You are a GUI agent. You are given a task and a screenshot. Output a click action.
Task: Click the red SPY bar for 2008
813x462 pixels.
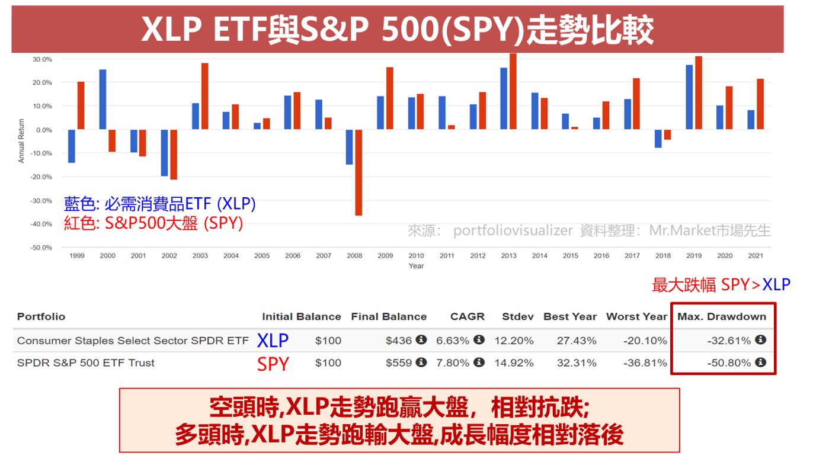click(x=359, y=172)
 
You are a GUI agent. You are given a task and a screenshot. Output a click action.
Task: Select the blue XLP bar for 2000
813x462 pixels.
click(x=103, y=100)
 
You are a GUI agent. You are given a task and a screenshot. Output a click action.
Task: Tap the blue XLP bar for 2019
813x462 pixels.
click(x=689, y=97)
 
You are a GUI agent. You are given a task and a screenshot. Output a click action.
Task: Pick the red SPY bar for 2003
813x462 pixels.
click(x=205, y=96)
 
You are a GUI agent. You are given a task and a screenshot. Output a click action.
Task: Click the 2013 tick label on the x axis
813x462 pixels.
click(x=508, y=256)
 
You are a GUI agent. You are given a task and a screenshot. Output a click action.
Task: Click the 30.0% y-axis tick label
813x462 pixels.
click(x=41, y=59)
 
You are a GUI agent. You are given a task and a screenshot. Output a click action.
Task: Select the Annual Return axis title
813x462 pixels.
click(x=21, y=141)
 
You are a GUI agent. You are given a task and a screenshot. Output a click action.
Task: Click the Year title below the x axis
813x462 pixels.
click(x=416, y=266)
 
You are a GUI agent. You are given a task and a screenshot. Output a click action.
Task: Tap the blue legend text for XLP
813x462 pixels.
click(x=160, y=204)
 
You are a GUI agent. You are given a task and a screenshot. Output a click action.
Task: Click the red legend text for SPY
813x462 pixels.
click(x=153, y=223)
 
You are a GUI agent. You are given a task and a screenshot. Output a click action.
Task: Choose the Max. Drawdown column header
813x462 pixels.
click(x=722, y=316)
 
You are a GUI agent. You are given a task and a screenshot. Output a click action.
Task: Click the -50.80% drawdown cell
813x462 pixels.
click(x=729, y=362)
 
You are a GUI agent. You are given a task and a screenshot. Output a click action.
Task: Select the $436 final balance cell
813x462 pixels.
click(x=399, y=341)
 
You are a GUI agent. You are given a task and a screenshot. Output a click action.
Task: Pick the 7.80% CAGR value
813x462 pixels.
click(x=453, y=362)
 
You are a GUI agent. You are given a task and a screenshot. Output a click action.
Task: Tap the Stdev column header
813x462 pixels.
click(x=517, y=316)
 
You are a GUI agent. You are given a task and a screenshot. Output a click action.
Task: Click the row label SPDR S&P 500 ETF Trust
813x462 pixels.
click(x=86, y=362)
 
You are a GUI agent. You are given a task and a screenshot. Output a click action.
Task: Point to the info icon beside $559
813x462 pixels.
click(x=421, y=362)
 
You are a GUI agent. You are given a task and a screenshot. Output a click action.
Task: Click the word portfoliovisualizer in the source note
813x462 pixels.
click(x=513, y=230)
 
